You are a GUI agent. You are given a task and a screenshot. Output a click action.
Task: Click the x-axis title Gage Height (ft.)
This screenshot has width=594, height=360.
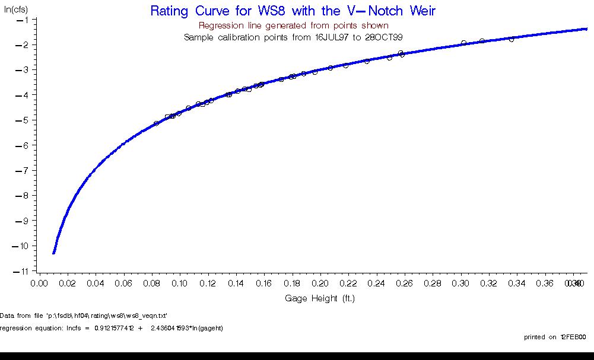click(319, 298)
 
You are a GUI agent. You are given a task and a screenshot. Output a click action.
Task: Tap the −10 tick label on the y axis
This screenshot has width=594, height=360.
click(23, 246)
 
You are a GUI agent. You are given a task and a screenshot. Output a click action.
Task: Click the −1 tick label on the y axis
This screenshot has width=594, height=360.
click(25, 20)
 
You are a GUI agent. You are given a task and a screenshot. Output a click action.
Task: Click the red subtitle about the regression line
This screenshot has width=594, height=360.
click(293, 26)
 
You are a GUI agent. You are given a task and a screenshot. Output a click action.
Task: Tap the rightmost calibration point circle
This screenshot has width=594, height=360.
click(511, 39)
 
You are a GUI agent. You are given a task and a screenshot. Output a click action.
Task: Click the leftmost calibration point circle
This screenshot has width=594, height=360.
click(157, 123)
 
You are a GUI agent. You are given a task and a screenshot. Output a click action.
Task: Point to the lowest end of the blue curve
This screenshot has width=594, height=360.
click(54, 253)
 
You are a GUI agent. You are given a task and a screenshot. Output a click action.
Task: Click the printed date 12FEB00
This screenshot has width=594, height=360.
click(572, 337)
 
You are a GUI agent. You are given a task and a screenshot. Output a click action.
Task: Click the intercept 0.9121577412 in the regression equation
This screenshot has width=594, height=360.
click(119, 328)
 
